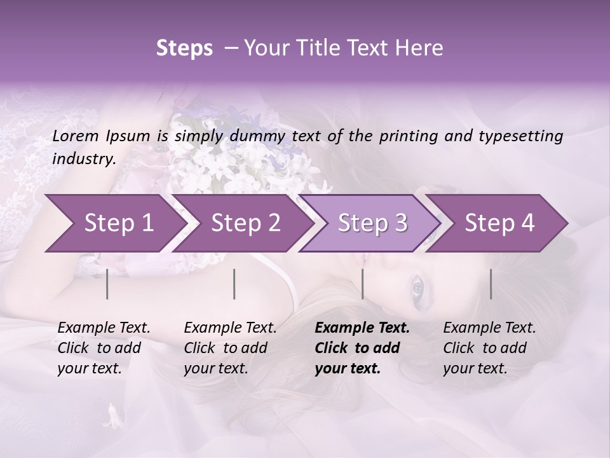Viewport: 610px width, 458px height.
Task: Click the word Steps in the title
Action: (184, 48)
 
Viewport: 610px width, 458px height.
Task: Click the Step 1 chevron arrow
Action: (114, 223)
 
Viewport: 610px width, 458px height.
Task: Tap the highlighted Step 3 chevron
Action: (372, 223)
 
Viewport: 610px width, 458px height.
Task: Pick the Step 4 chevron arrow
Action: (499, 223)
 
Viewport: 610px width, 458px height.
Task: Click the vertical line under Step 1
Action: (107, 284)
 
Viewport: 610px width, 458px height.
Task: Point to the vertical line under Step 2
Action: (234, 284)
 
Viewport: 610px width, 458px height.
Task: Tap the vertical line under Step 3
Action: (362, 284)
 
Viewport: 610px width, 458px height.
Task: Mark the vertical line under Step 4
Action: (491, 284)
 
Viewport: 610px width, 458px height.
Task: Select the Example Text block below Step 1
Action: (104, 348)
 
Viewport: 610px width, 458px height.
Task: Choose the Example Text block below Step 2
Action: (230, 348)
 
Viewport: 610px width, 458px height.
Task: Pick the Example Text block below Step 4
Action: (489, 348)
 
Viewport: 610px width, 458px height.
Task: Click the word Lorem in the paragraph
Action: (74, 136)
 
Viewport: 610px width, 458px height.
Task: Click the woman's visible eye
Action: (417, 289)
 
